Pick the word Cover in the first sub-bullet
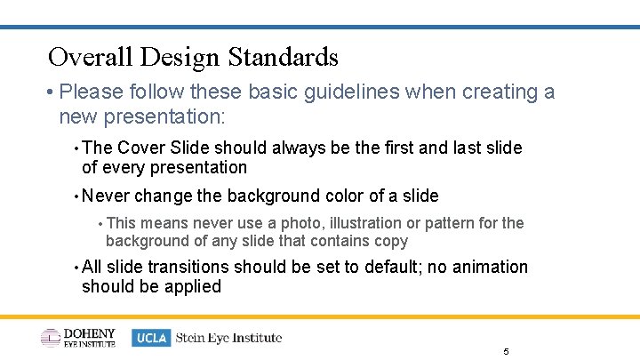point(138,148)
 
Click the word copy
point(389,241)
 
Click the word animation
point(490,268)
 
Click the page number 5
point(506,352)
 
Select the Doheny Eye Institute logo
point(78,338)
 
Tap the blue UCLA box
point(151,338)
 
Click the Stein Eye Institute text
point(228,338)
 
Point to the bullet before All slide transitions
point(76,268)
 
